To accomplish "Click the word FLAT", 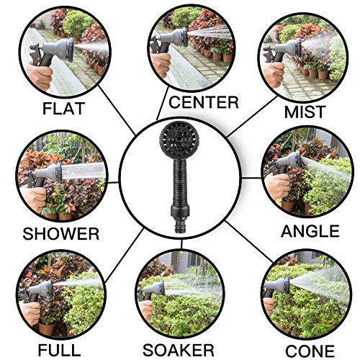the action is click(x=63, y=108).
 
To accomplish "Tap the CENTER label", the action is click(x=204, y=102).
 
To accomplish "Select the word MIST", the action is click(x=305, y=112).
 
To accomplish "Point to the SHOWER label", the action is click(x=60, y=234).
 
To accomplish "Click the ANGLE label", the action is click(x=310, y=231).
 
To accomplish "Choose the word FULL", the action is click(x=59, y=350).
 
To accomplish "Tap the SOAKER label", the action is click(x=178, y=350).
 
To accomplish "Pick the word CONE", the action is click(x=310, y=351).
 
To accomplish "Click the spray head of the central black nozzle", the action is click(x=178, y=140).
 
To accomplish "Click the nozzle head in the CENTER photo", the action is click(x=179, y=37).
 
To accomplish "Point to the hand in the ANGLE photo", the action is click(x=277, y=186).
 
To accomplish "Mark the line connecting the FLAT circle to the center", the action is click(x=117, y=110).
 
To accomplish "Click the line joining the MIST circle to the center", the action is click(x=252, y=117).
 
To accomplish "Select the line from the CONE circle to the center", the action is click(x=249, y=242).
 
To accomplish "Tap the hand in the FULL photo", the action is click(x=30, y=312).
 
